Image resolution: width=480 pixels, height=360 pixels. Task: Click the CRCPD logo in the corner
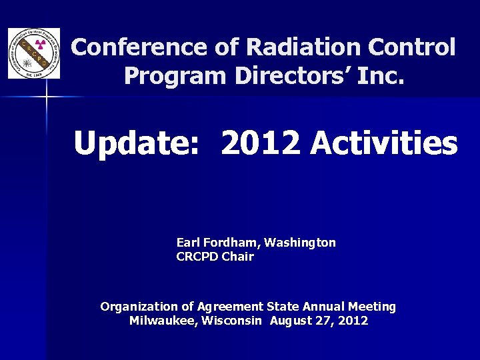[x=33, y=53]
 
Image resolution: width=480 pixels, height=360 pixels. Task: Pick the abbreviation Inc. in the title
[x=381, y=76]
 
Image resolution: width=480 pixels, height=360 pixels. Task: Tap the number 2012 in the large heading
[x=261, y=143]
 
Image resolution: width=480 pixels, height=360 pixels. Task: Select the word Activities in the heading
[x=384, y=143]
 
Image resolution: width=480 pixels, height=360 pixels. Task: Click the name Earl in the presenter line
[x=187, y=243]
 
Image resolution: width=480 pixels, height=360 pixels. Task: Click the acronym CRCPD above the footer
[x=198, y=257]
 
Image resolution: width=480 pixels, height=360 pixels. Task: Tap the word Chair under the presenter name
[x=239, y=257]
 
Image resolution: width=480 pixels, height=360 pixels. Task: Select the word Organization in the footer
[x=137, y=307]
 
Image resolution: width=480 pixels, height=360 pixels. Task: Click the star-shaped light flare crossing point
[x=47, y=97]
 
